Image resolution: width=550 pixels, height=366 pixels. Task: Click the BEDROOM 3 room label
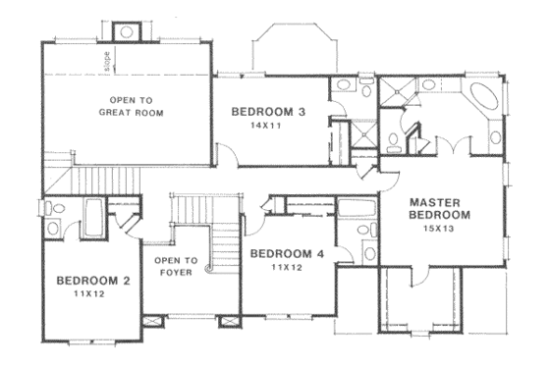[x=268, y=113]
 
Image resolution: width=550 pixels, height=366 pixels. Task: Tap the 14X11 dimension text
[x=267, y=127]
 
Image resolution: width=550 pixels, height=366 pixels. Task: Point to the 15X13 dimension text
[x=439, y=228]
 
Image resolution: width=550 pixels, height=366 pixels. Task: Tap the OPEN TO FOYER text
[x=177, y=266]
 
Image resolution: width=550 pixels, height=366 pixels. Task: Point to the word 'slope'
[x=106, y=63]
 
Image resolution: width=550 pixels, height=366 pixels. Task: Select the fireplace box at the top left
[x=129, y=30]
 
